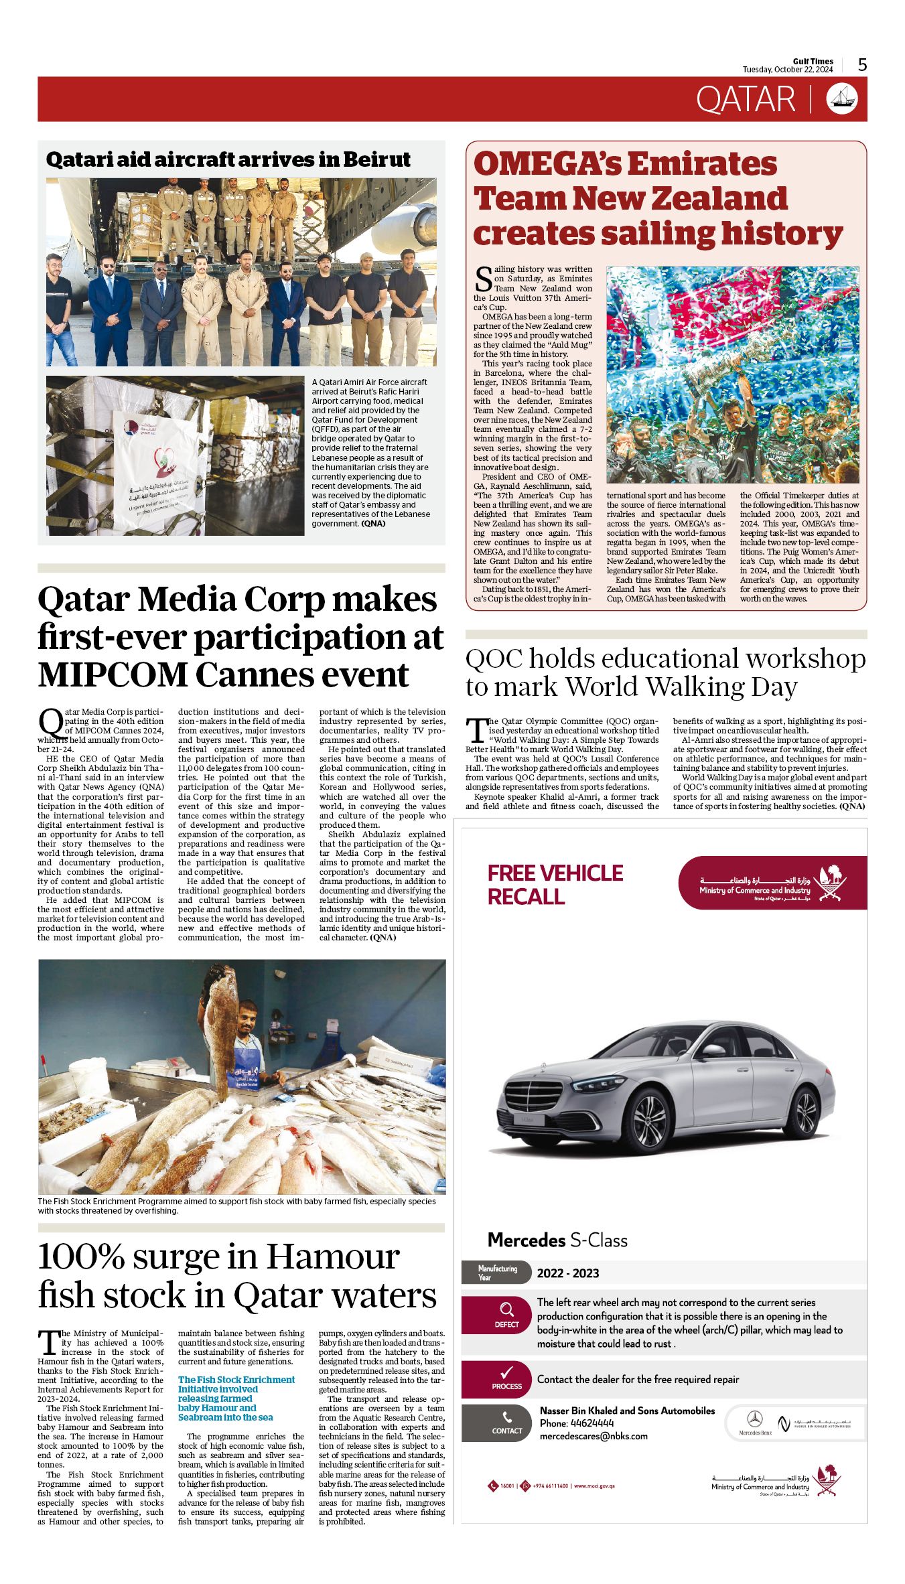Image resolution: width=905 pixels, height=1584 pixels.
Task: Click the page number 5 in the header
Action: click(862, 65)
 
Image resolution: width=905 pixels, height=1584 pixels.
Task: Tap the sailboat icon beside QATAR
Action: click(842, 99)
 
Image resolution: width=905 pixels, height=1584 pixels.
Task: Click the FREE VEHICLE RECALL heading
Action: click(555, 884)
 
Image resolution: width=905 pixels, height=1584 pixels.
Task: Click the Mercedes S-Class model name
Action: click(557, 1240)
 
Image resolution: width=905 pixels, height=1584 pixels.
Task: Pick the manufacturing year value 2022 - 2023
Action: click(567, 1273)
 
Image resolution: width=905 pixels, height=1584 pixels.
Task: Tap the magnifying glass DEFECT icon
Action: click(506, 1310)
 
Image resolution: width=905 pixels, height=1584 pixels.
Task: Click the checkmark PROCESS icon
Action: click(506, 1373)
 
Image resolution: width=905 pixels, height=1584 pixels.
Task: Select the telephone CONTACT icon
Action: click(507, 1418)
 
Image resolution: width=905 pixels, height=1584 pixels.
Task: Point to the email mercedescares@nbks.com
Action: click(594, 1436)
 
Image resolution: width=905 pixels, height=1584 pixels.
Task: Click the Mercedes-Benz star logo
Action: click(754, 1419)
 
